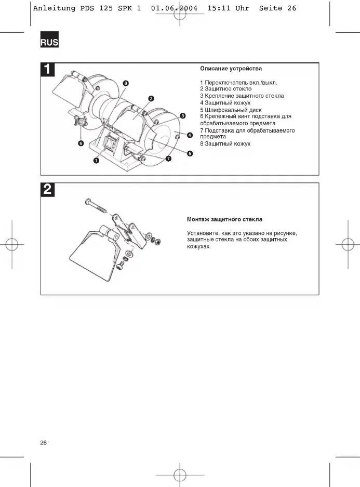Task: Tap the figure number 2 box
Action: (x=48, y=190)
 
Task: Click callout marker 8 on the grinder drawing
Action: (x=126, y=83)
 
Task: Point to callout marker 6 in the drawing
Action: (x=81, y=142)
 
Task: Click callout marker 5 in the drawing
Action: (x=190, y=153)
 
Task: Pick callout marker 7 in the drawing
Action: (x=168, y=157)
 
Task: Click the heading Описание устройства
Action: (x=231, y=69)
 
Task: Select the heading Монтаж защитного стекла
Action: (x=224, y=219)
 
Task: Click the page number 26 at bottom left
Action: (x=44, y=443)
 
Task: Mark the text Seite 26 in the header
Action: (x=277, y=8)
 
